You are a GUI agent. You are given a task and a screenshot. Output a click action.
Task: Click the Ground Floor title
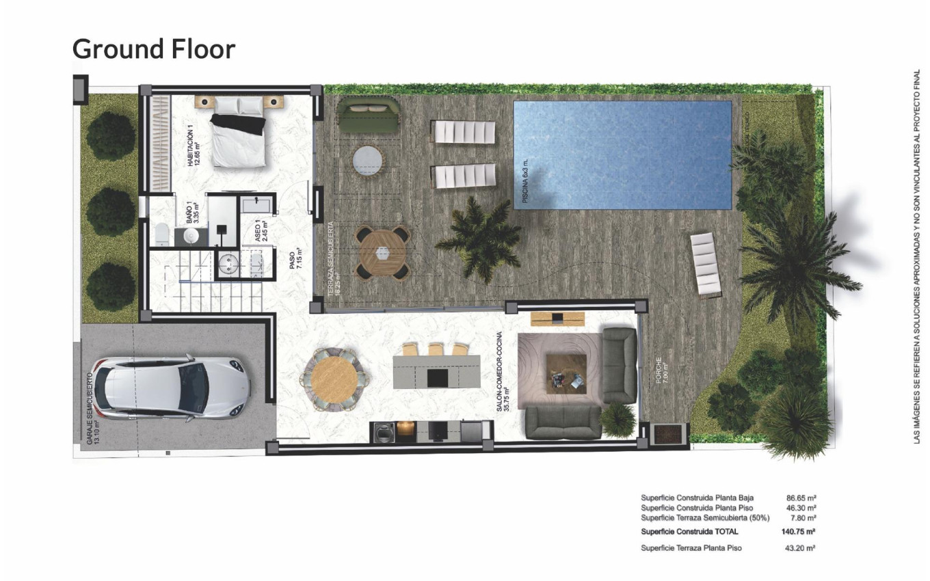pos(153,49)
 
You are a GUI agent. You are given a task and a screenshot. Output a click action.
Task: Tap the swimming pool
pos(622,155)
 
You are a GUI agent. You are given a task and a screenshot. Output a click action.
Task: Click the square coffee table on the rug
pos(569,374)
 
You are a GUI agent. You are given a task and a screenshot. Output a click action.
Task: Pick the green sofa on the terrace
pos(369,116)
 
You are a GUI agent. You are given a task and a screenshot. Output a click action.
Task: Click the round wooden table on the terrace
pos(382,252)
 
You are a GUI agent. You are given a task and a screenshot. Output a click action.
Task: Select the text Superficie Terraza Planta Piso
pos(691,548)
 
